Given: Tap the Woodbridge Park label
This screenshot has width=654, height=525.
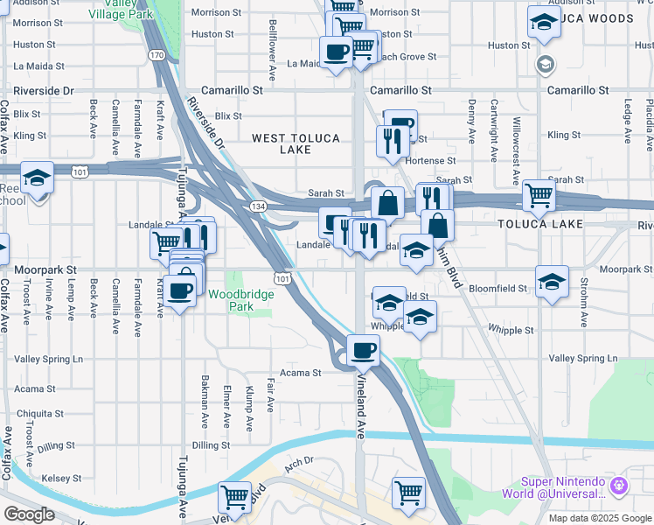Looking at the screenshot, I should coord(241,300).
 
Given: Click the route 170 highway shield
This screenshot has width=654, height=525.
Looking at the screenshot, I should coord(157,55).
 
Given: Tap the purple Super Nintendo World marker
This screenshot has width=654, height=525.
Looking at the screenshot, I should coord(620,484).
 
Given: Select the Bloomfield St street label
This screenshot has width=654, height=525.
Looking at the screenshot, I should coord(499,288).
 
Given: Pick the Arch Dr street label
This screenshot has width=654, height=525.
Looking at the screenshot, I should coord(298,462).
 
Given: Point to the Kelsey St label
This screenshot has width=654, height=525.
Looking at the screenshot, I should coord(61,479).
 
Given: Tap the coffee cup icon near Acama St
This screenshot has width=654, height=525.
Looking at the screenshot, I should coord(363,349).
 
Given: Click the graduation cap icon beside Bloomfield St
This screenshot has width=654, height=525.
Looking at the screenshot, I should coord(552,282).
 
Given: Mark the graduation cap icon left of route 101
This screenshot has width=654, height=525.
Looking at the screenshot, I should coord(38,178).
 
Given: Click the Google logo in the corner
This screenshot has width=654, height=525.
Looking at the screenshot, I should coord(29,514).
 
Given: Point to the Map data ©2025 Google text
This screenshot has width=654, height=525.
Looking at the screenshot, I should coord(599,518).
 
